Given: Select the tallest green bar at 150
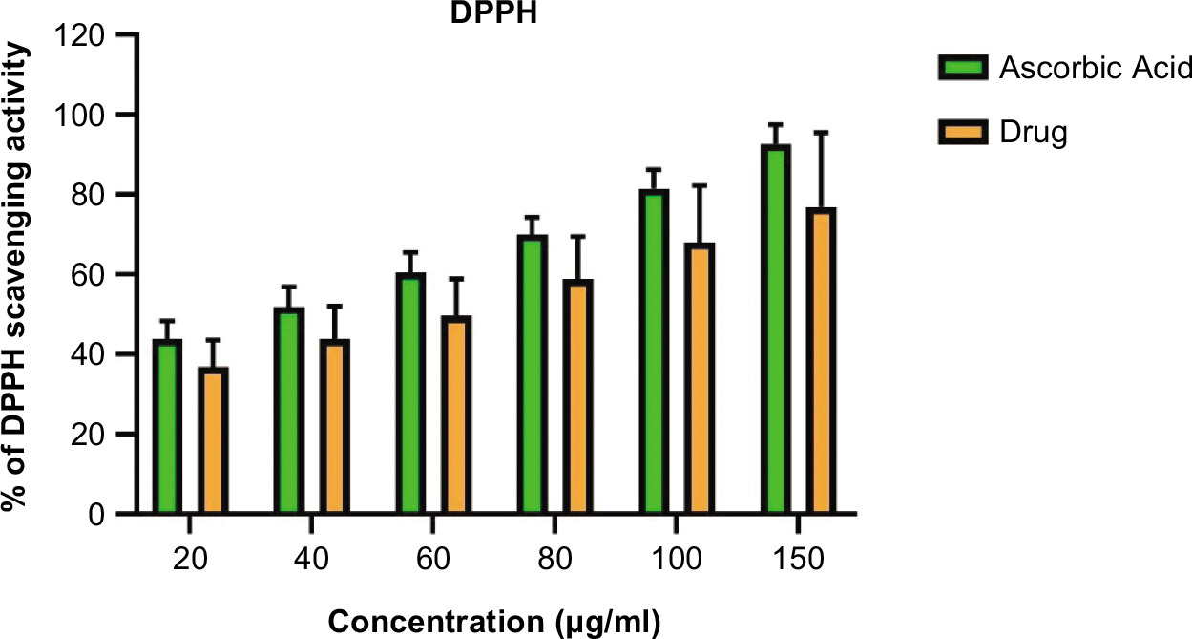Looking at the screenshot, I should [775, 330].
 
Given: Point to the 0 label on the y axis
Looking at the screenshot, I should [95, 516].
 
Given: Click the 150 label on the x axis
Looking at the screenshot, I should [797, 558].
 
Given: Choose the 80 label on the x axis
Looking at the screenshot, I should [554, 558].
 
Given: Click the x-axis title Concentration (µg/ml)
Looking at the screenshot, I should [494, 621].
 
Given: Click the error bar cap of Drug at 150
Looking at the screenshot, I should [821, 132].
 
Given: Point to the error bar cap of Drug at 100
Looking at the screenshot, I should [700, 185].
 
